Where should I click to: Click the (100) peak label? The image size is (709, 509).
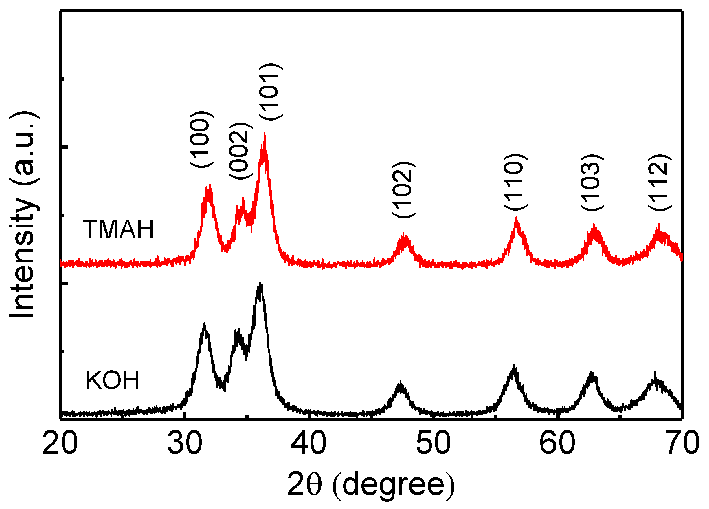tap(202, 139)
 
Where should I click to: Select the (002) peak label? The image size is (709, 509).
tap(240, 151)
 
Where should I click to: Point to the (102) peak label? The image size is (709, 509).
tap(404, 190)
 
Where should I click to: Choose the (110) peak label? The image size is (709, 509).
tap(515, 182)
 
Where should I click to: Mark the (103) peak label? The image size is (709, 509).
tap(592, 183)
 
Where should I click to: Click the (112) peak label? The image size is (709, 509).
tap(660, 183)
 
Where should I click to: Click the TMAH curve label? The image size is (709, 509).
tap(118, 229)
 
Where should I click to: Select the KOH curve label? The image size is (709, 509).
tap(112, 380)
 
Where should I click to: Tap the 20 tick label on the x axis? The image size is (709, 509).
tap(60, 443)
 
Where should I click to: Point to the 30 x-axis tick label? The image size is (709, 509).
tap(185, 443)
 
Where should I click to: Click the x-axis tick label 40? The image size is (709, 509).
tap(308, 443)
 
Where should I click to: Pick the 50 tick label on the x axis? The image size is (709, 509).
tap(433, 443)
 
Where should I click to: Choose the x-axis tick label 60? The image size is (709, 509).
tap(557, 443)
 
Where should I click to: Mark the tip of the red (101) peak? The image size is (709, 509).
tap(265, 134)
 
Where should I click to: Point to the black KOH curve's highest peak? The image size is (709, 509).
tap(260, 284)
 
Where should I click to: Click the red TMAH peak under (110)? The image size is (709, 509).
tap(517, 218)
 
